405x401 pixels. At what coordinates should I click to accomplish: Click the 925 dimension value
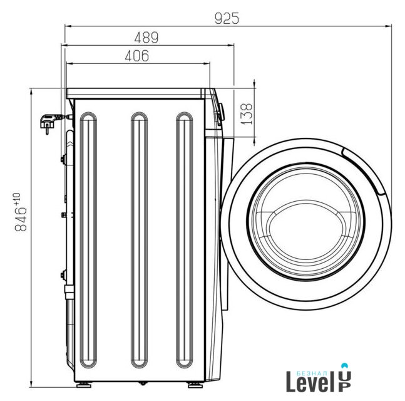(x=227, y=19)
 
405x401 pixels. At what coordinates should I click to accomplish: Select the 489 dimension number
(x=146, y=38)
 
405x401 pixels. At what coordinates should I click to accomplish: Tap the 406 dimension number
(x=137, y=56)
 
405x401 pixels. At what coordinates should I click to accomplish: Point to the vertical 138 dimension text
(x=247, y=114)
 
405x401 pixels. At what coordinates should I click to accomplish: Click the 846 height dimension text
(x=21, y=219)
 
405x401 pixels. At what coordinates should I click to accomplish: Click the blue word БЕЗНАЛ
(x=313, y=373)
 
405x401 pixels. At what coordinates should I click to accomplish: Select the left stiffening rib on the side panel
(x=88, y=240)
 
